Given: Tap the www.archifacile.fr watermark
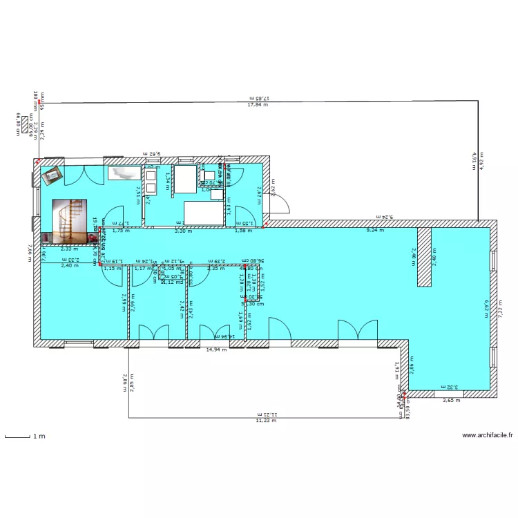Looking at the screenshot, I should point(488,436).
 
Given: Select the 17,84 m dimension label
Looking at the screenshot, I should point(258,105).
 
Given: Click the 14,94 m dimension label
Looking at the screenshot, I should point(217,349).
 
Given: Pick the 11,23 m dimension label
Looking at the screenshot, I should point(265,420).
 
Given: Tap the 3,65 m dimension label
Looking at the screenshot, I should point(451,400).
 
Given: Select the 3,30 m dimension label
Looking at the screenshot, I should point(182,231).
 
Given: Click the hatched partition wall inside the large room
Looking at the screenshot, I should point(424,256).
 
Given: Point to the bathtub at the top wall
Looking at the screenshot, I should point(124,172).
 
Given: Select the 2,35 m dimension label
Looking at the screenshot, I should point(215,268).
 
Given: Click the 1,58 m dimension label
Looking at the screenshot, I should point(243,231).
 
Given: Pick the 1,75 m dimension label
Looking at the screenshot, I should point(121,231).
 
